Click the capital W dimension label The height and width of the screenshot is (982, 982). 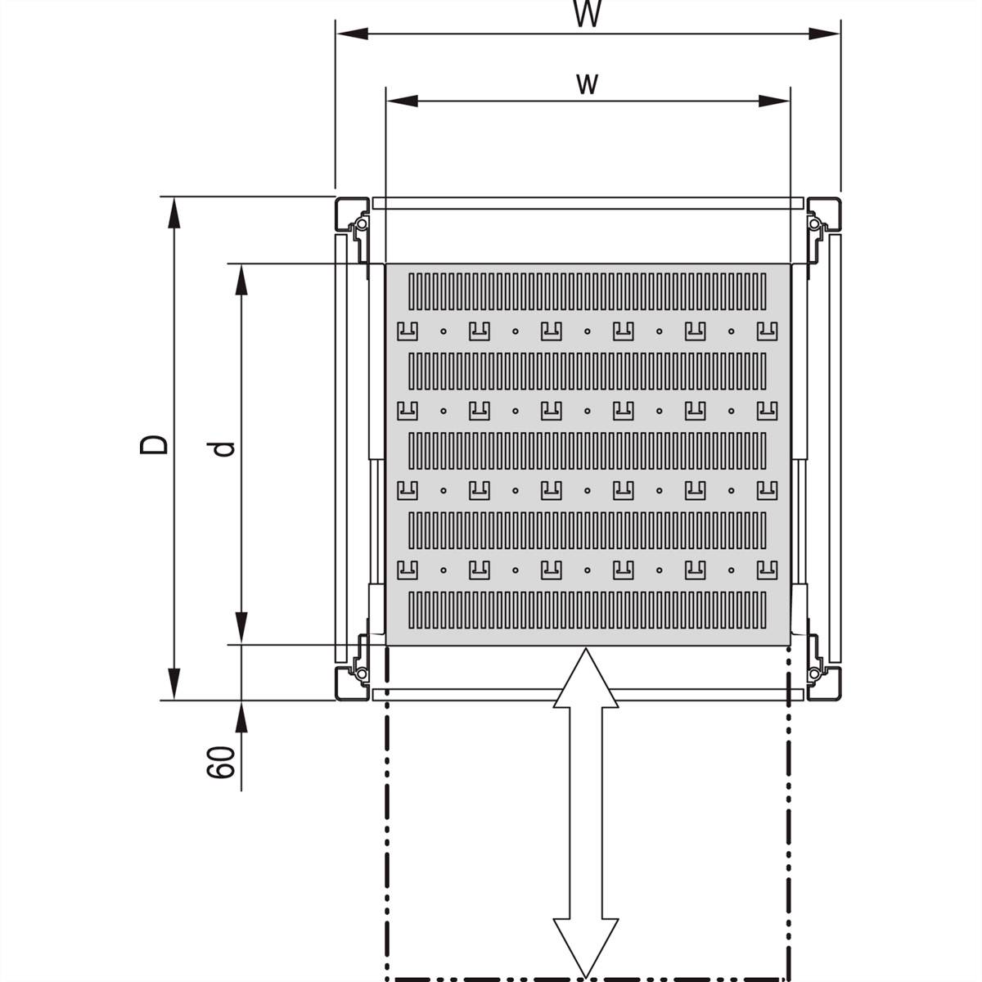click(x=588, y=13)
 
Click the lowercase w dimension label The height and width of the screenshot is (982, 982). click(x=587, y=84)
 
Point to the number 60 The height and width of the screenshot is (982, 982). click(x=221, y=762)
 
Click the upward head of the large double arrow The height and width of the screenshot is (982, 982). click(x=586, y=678)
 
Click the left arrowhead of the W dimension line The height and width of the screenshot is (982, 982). click(x=353, y=34)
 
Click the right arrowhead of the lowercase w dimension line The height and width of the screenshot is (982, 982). click(x=774, y=101)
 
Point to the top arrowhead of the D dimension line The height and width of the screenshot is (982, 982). click(x=174, y=213)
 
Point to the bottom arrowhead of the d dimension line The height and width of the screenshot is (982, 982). click(x=241, y=628)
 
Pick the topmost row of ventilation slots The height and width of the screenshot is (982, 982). click(x=587, y=291)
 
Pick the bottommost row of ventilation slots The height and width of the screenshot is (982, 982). click(x=587, y=610)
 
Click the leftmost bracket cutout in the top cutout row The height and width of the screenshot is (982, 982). click(x=408, y=331)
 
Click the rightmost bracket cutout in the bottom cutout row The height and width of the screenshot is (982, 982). click(x=767, y=570)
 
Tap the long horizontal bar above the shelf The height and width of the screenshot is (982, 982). click(x=588, y=203)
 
